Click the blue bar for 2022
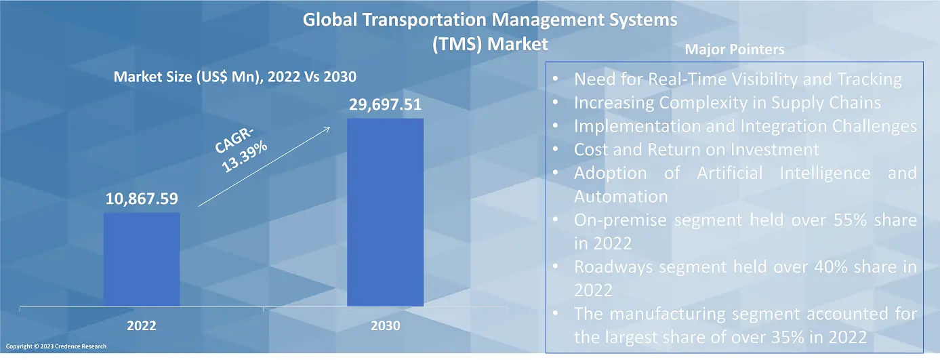point(142,259)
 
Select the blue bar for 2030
point(385,212)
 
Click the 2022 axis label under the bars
point(142,326)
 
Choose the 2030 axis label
point(385,326)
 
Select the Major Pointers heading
point(734,49)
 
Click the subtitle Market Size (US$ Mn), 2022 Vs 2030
point(234,77)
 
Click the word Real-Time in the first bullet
point(687,79)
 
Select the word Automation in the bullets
point(621,197)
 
